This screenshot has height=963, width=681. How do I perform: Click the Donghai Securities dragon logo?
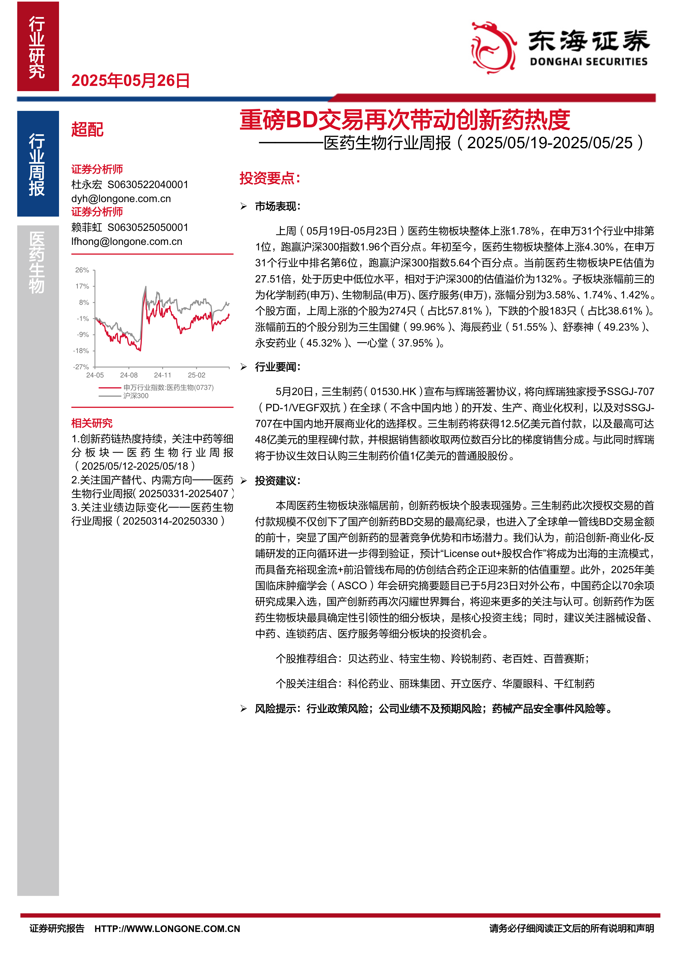click(x=493, y=48)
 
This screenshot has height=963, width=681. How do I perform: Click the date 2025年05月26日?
click(x=130, y=80)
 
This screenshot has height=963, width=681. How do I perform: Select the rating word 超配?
click(x=87, y=130)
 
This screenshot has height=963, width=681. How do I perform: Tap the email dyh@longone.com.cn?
click(x=121, y=199)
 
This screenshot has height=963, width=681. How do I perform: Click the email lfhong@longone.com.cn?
click(x=127, y=242)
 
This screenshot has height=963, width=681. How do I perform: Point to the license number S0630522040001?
click(x=148, y=184)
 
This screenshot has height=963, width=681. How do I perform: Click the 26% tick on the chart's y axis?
click(x=82, y=270)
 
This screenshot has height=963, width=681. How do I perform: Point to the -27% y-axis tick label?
click(x=81, y=367)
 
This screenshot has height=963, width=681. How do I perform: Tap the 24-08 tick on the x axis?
click(x=129, y=375)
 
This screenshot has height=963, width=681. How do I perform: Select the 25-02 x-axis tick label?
click(x=196, y=375)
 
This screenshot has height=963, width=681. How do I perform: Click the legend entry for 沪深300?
click(x=135, y=396)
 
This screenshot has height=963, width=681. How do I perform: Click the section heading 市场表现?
click(x=277, y=206)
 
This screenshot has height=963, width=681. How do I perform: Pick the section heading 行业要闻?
click(x=277, y=367)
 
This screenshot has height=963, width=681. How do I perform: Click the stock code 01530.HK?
click(x=393, y=392)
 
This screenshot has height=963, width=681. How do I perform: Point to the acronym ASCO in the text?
click(x=352, y=586)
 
